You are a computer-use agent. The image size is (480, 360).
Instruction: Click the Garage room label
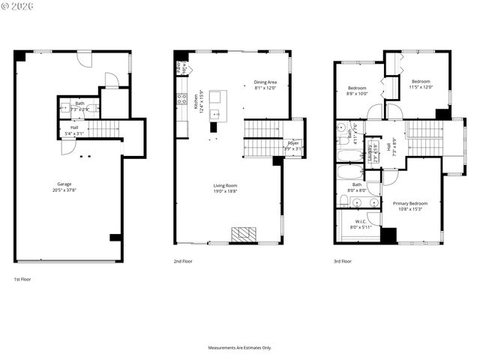pyautogui.click(x=65, y=187)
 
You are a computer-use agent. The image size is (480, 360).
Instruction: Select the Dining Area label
pyautogui.click(x=265, y=85)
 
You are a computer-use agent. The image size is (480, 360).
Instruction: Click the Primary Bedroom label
pyautogui.click(x=410, y=205)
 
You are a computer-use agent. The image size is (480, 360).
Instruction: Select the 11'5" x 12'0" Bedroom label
pyautogui.click(x=420, y=84)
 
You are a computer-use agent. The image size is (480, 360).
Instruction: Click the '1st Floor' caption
pyautogui.click(x=22, y=279)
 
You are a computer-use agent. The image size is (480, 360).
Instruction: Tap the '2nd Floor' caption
pyautogui.click(x=184, y=262)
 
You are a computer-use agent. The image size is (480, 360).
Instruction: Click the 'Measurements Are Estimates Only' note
pyautogui.click(x=240, y=348)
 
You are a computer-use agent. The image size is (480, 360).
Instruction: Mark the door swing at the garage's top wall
pyautogui.click(x=85, y=58)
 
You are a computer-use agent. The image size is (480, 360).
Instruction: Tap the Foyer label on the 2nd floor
pyautogui.click(x=292, y=145)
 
